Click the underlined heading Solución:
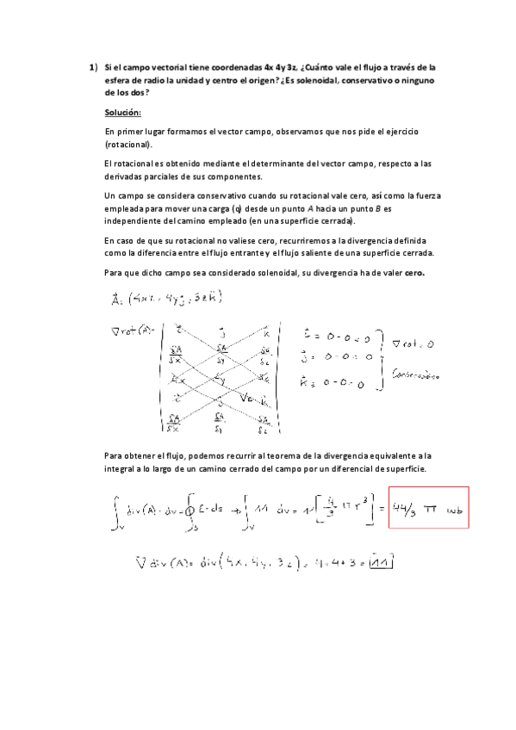pyautogui.click(x=123, y=113)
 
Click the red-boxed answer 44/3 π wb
pyautogui.click(x=427, y=510)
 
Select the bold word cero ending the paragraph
pyautogui.click(x=414, y=273)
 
